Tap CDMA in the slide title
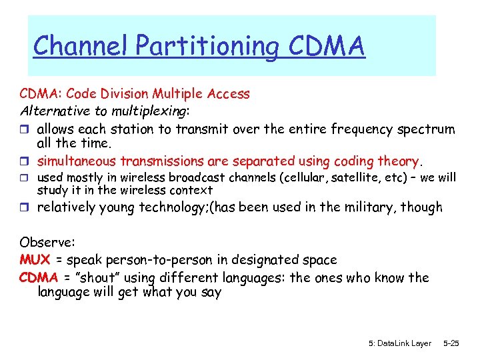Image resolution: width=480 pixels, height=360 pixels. click(327, 46)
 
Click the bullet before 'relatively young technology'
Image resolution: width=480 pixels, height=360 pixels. click(25, 208)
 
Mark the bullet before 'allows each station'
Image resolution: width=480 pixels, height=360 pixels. click(25, 129)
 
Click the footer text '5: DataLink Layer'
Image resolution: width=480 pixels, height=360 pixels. click(399, 343)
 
